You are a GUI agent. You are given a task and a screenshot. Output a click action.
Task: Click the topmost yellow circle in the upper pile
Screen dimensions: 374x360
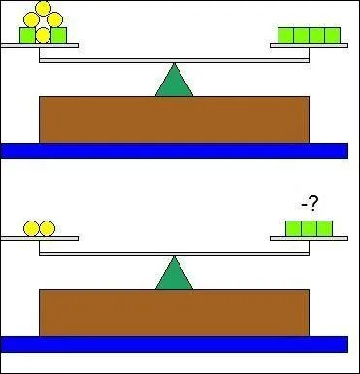(43, 8)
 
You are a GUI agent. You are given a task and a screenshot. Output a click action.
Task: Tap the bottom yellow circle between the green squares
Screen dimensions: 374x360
(43, 35)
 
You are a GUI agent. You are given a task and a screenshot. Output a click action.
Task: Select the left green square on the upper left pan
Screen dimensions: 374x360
(27, 35)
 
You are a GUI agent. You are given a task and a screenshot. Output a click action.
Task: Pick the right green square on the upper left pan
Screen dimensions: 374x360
(58, 35)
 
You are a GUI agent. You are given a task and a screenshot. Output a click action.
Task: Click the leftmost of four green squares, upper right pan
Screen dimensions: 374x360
(285, 36)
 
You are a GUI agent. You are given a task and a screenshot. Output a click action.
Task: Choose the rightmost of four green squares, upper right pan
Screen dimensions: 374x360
(333, 36)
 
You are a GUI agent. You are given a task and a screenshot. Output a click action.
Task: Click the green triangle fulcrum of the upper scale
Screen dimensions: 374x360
(175, 82)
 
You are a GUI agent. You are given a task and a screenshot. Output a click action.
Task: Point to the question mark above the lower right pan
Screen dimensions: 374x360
(313, 204)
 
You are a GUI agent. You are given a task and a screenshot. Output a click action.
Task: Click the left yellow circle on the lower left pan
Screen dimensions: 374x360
(31, 228)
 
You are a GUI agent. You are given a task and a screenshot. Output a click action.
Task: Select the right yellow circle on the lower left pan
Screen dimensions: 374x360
(47, 228)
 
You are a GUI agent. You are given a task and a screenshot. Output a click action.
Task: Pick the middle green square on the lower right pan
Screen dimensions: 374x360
(309, 228)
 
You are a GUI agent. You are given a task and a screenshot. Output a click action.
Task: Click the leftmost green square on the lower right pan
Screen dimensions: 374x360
(293, 228)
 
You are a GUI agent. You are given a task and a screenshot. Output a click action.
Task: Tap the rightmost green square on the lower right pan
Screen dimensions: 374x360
(324, 228)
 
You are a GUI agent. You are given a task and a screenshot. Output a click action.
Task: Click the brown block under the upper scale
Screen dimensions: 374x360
(174, 119)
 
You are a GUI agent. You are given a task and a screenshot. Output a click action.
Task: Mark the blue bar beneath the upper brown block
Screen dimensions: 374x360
(174, 151)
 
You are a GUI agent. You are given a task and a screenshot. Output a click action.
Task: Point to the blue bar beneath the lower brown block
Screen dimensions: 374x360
(174, 344)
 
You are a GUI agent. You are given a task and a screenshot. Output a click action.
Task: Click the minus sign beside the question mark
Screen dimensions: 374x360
(303, 204)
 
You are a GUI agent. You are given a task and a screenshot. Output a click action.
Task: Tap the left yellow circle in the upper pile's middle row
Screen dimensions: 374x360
(34, 19)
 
